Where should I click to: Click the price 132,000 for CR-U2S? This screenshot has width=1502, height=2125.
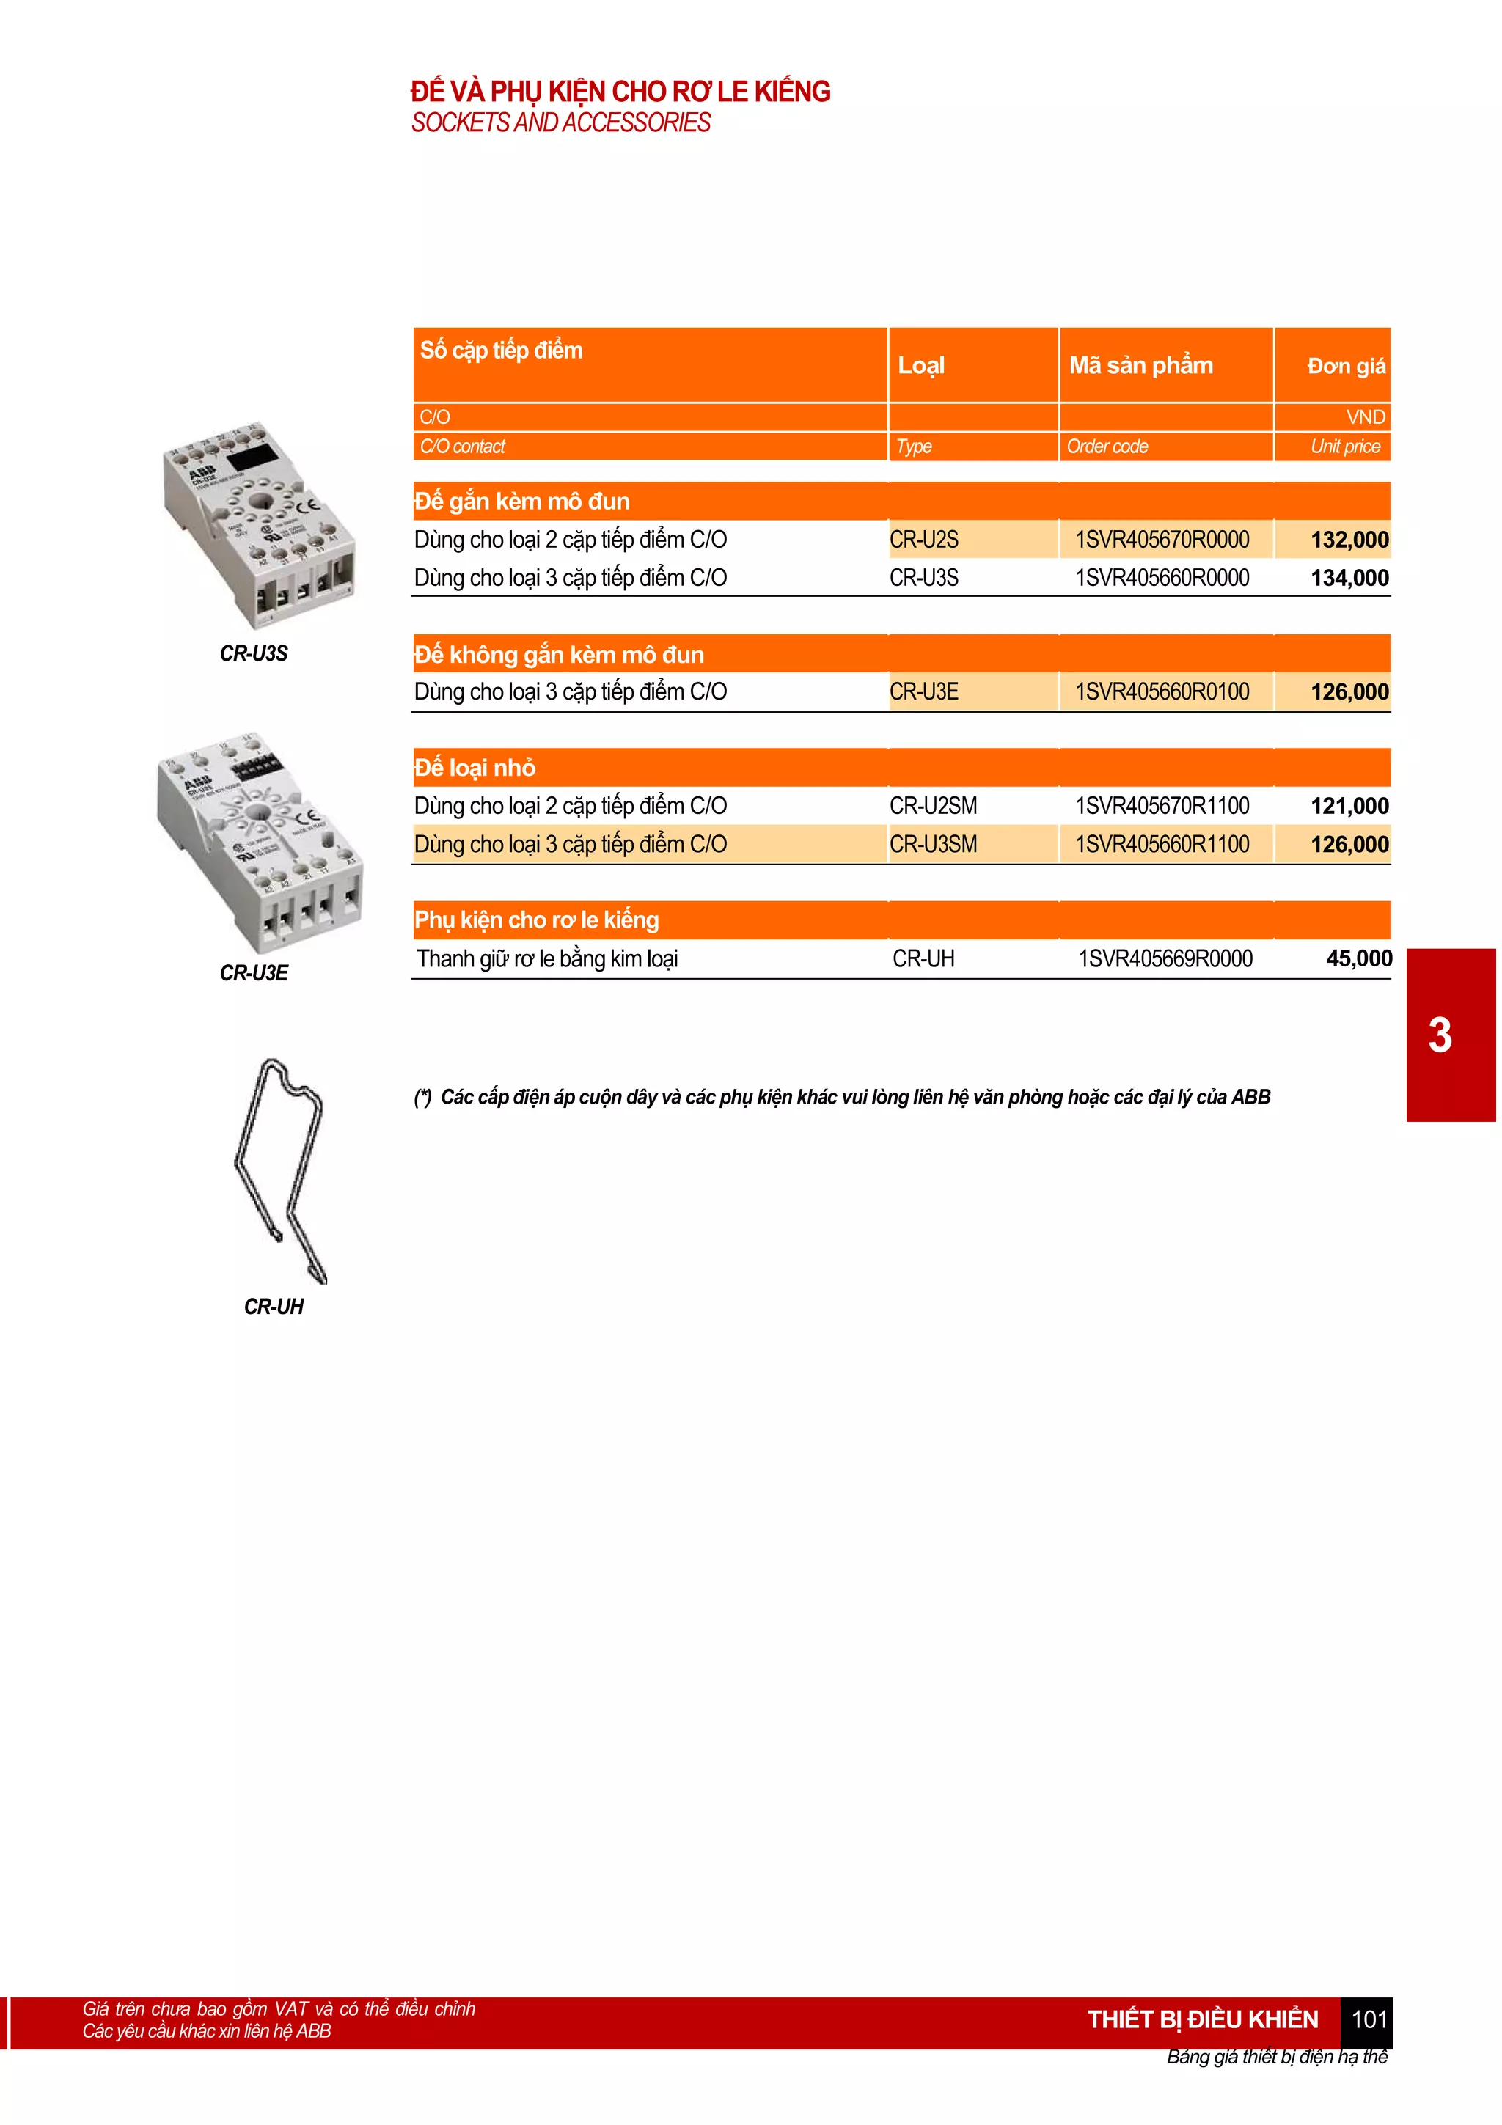pos(1349,540)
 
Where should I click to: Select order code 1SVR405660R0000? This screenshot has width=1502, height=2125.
pos(1162,578)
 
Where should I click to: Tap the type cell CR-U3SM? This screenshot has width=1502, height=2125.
pos(933,844)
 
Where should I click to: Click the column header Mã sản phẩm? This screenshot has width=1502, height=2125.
pos(1140,366)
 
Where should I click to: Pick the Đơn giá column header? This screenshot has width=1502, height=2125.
pos(1346,367)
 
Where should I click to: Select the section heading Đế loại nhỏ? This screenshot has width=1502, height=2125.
pos(475,767)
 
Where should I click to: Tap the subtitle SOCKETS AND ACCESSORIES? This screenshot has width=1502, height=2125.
pos(561,122)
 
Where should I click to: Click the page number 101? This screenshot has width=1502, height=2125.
pos(1369,2019)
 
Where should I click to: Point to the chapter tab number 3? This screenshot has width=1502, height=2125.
pos(1439,1035)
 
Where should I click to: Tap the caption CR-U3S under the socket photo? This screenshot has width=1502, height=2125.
pos(254,653)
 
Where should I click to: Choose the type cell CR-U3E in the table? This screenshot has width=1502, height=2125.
pos(923,691)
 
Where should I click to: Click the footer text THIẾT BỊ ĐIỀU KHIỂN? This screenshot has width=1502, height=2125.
pos(1201,2019)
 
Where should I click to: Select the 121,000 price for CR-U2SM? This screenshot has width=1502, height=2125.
pos(1349,805)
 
